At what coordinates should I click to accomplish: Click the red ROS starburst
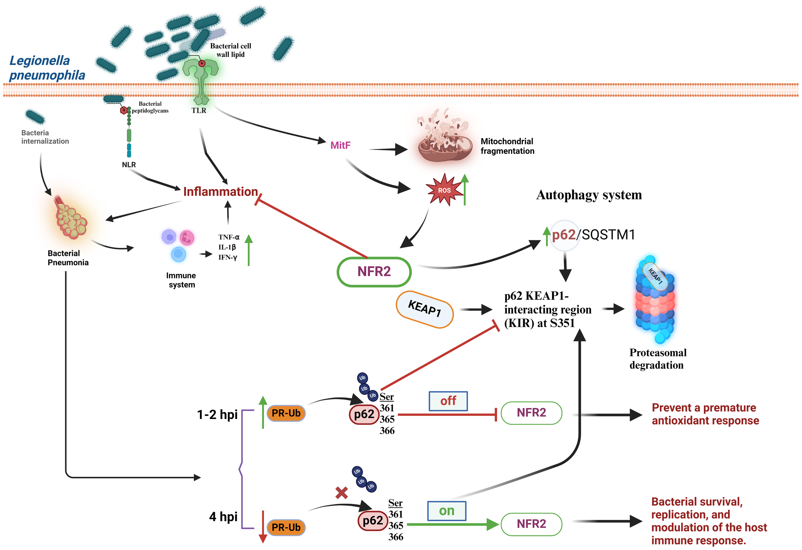click(x=444, y=190)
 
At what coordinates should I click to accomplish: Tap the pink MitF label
click(x=340, y=145)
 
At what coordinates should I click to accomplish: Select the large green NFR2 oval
click(x=374, y=272)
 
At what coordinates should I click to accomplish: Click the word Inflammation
click(x=220, y=191)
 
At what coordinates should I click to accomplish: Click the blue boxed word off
click(x=448, y=401)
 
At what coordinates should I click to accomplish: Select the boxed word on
click(x=447, y=511)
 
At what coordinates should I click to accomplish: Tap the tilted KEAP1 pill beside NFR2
click(x=424, y=309)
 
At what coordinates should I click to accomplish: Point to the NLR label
click(x=129, y=165)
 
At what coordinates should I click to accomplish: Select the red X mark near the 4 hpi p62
click(x=341, y=493)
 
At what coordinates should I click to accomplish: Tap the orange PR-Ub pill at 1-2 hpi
click(x=286, y=413)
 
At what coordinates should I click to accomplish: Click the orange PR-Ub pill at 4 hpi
click(x=286, y=527)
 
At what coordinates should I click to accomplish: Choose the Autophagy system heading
click(x=589, y=195)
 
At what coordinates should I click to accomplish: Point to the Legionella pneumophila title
click(x=47, y=68)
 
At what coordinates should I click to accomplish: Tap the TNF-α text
click(x=228, y=237)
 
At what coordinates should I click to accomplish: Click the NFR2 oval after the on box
click(x=531, y=524)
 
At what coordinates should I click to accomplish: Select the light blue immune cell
click(x=178, y=254)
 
